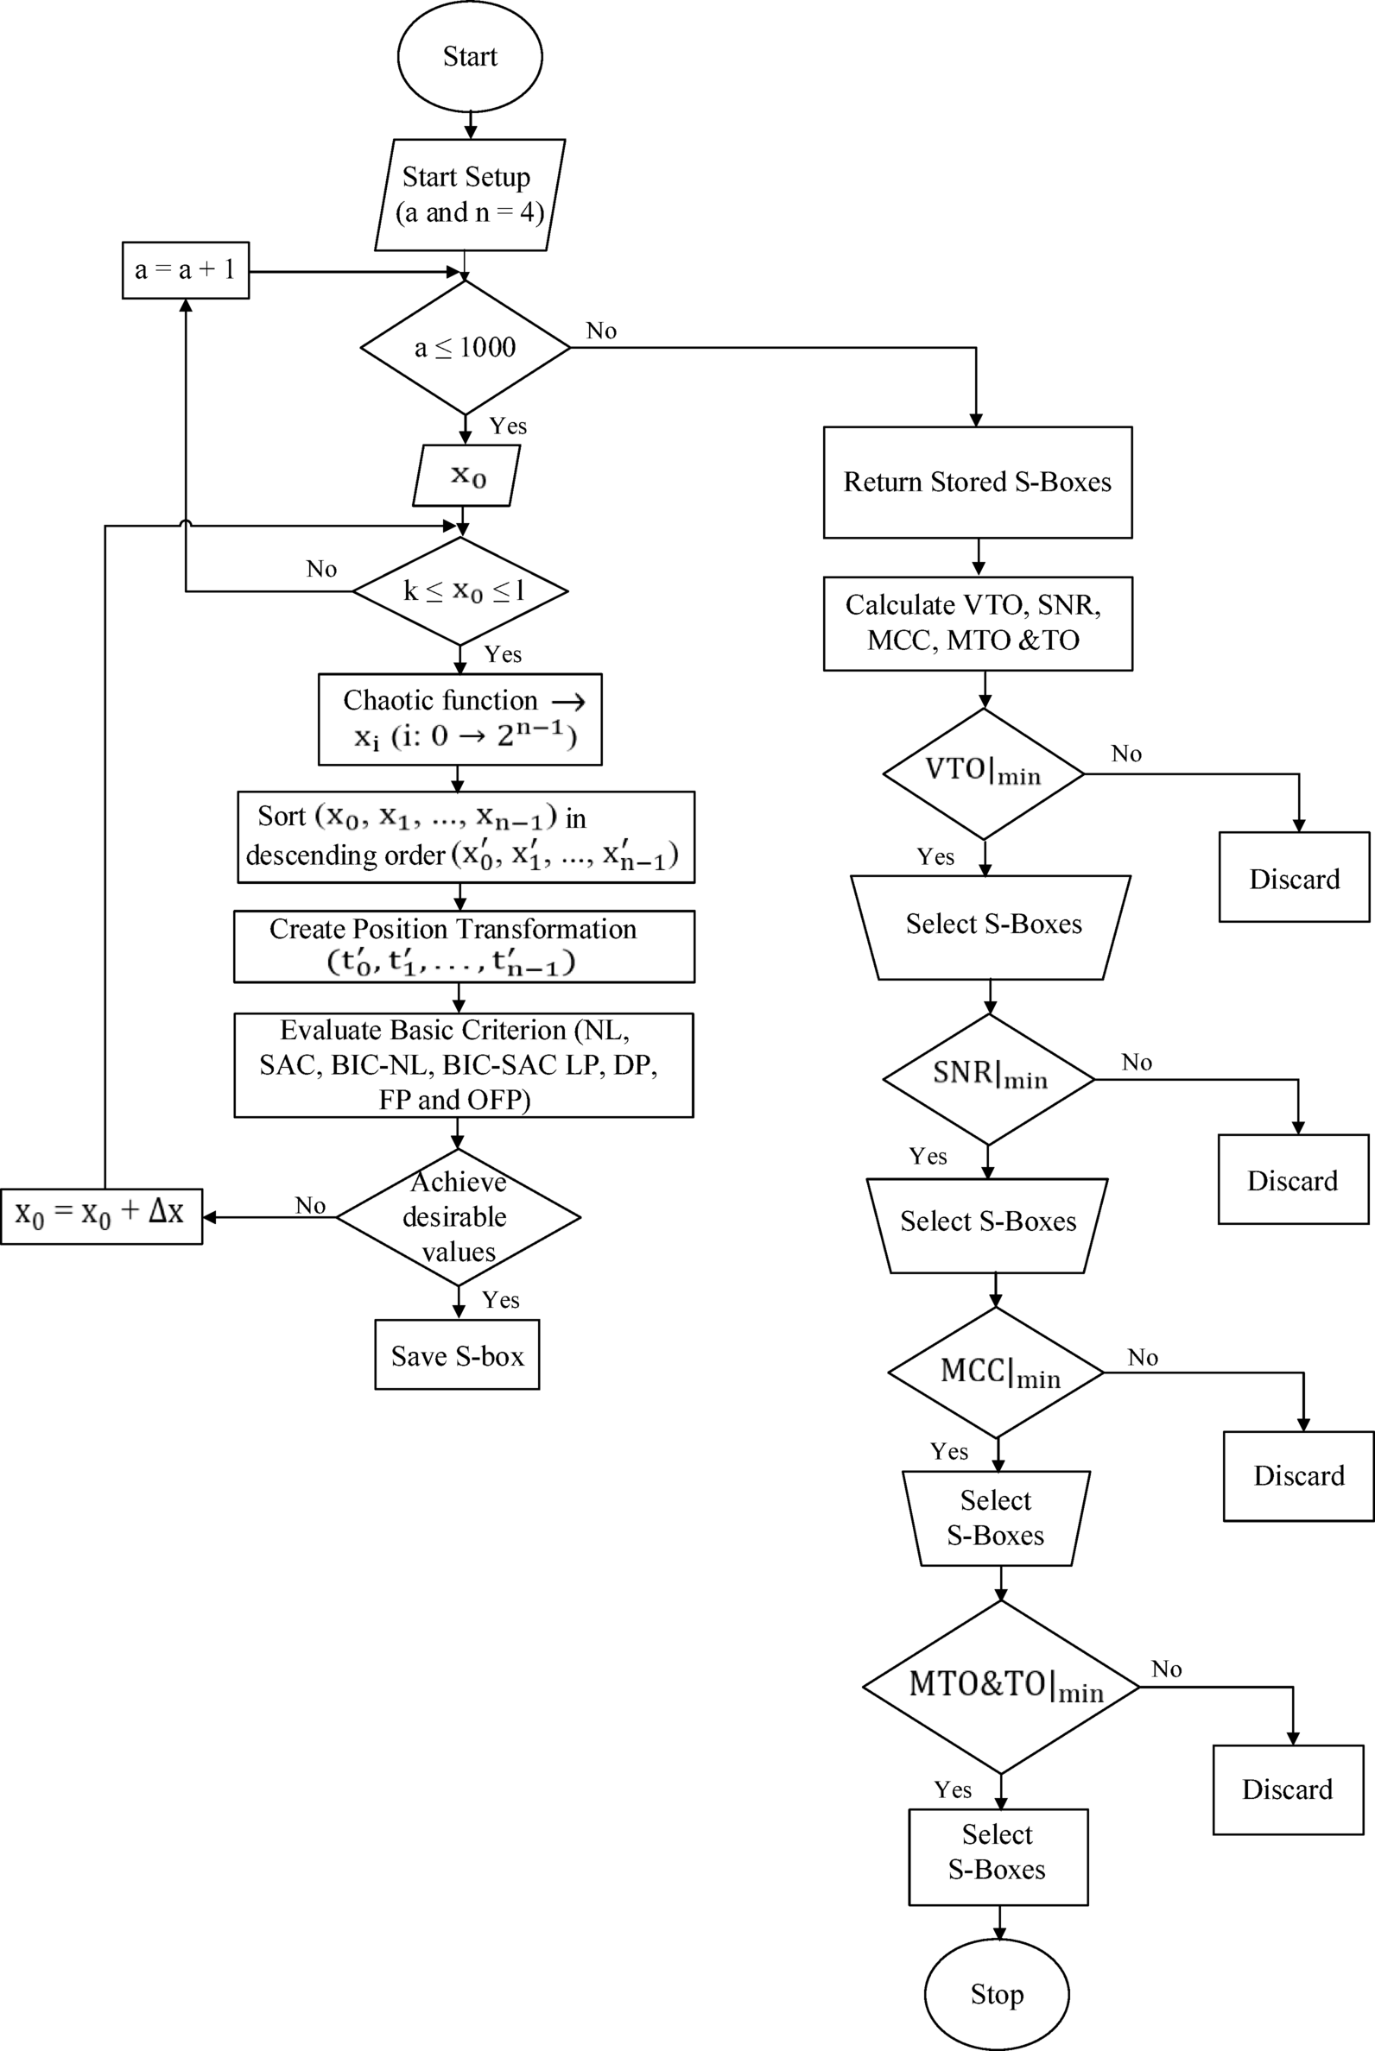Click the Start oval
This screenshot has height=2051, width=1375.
(470, 56)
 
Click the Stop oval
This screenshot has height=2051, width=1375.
(997, 1994)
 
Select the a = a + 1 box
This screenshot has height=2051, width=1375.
(185, 270)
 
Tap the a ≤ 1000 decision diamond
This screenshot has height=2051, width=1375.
(465, 347)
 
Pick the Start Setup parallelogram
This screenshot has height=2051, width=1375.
(469, 194)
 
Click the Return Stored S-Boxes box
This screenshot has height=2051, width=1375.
(978, 482)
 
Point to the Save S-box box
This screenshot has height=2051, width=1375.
(457, 1356)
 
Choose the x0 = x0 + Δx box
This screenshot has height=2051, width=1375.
(101, 1215)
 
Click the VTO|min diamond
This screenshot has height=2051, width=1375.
(983, 773)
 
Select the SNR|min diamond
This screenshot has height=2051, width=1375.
(989, 1078)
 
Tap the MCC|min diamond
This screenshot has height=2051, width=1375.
(996, 1373)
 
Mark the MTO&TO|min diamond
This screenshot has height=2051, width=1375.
(1001, 1687)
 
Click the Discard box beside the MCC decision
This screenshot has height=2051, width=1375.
(1299, 1476)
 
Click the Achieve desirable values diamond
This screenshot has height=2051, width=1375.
(458, 1216)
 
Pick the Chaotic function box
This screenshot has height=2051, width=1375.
(459, 719)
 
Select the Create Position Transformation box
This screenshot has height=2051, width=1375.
(464, 946)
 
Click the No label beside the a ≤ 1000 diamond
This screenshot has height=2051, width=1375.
(601, 331)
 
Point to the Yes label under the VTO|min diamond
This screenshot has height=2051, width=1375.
(935, 856)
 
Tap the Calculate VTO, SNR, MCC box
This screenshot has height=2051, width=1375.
(978, 623)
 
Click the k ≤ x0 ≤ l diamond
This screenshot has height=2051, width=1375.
(460, 591)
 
